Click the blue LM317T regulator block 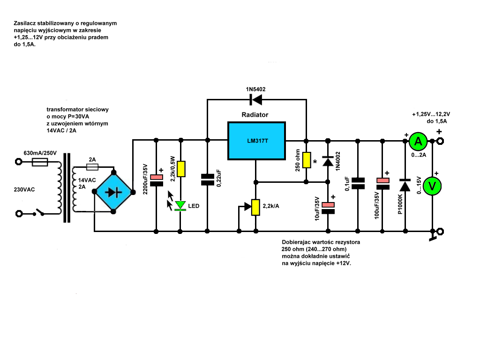[x=256, y=141]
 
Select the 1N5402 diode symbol [x=255, y=99]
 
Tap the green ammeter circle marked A [x=418, y=141]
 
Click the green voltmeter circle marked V [x=432, y=186]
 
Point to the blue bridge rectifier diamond [x=113, y=192]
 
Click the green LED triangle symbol [x=180, y=205]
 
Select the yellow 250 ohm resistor [x=307, y=160]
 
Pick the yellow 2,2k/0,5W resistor [x=181, y=169]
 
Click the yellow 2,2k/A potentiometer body [x=255, y=207]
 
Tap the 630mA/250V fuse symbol [x=40, y=162]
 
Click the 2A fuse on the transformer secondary [x=92, y=167]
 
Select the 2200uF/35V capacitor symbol [x=157, y=180]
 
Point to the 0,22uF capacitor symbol [x=207, y=180]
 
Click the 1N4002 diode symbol [x=328, y=161]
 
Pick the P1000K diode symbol [x=405, y=185]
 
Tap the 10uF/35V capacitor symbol [x=328, y=208]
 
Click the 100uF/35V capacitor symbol [x=382, y=184]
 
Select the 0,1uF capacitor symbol [x=358, y=183]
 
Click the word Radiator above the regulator [x=255, y=115]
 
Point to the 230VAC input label [x=24, y=190]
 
